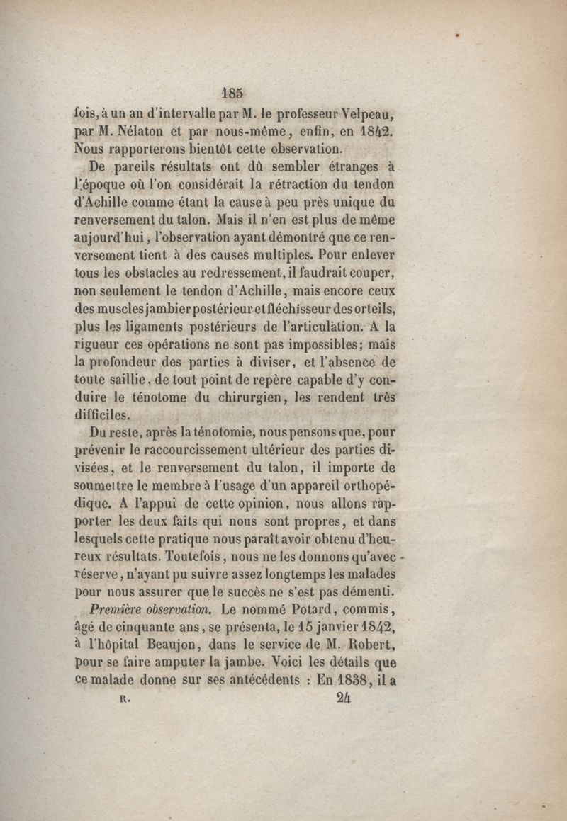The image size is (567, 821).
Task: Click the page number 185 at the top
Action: [x=232, y=92]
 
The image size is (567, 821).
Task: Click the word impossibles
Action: [x=317, y=345]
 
